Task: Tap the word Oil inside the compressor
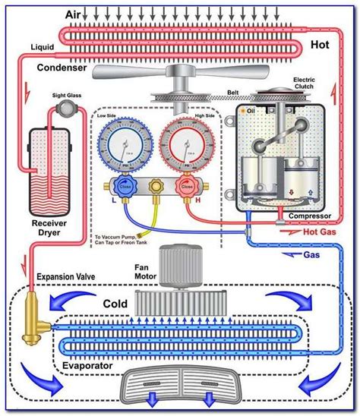coord(251,112)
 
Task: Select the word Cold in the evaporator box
coord(115,303)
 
